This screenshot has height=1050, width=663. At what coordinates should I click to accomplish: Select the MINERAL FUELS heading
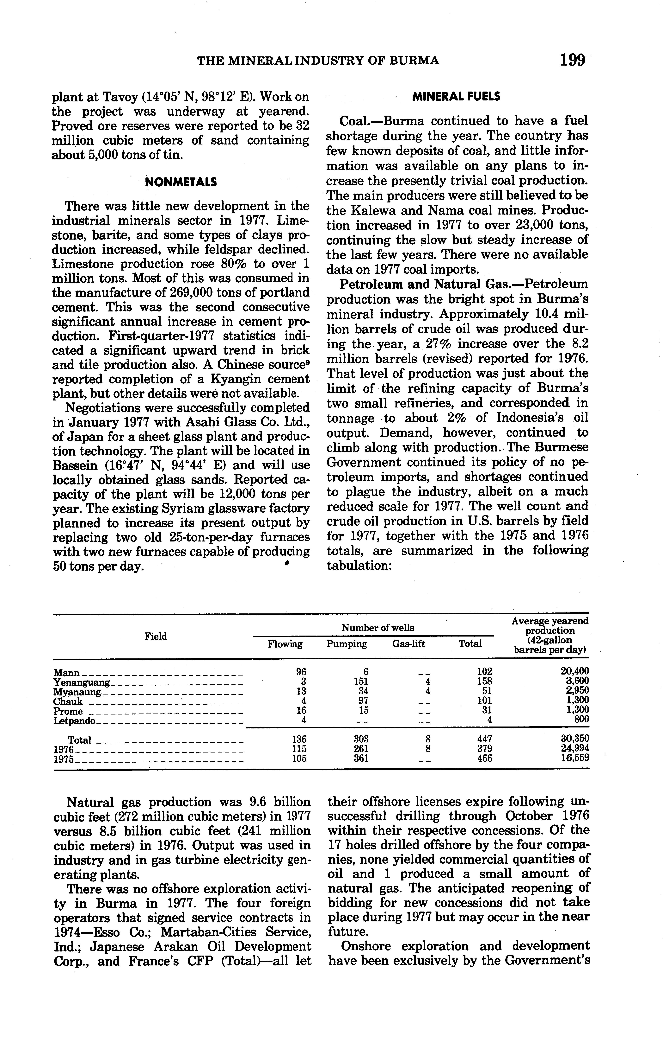[456, 97]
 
